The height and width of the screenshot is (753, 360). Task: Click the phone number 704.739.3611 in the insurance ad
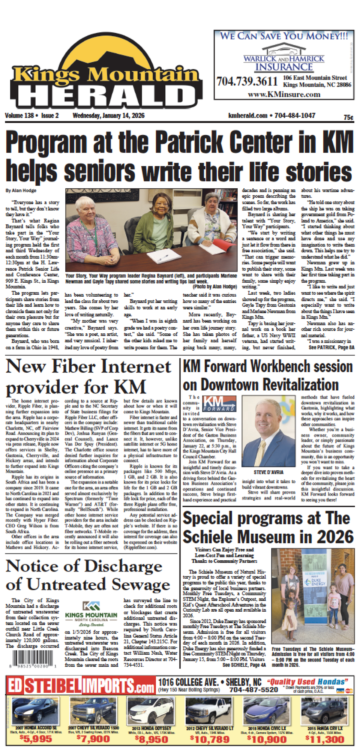coord(247,81)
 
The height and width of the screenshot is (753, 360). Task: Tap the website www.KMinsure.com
coord(284,94)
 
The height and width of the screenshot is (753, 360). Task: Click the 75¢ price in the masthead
coord(348,117)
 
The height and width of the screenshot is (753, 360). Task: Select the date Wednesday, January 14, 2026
coord(108,115)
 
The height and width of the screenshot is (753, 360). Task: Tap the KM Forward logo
coord(219,403)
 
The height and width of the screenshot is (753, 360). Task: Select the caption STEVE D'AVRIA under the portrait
coord(268,472)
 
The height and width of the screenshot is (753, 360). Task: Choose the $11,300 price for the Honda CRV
coord(325,739)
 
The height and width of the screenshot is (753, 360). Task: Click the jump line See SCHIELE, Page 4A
coord(244,664)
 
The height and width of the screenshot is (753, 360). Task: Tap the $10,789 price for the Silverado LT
coord(210,739)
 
